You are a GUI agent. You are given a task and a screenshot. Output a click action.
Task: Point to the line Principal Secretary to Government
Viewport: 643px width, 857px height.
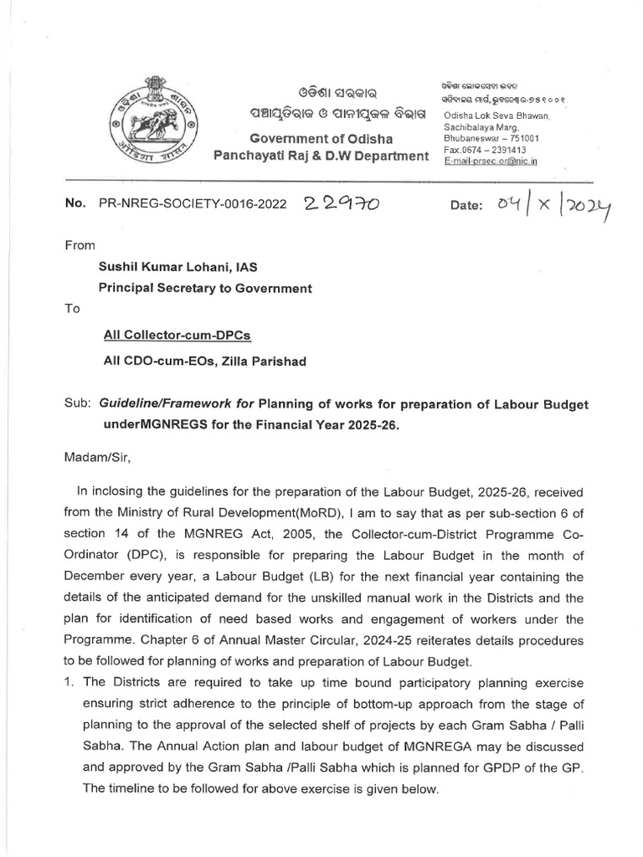point(206,288)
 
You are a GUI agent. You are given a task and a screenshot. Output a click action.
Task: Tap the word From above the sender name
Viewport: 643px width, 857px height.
point(80,245)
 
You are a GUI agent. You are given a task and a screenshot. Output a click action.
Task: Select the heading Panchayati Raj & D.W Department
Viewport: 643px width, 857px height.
point(321,156)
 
